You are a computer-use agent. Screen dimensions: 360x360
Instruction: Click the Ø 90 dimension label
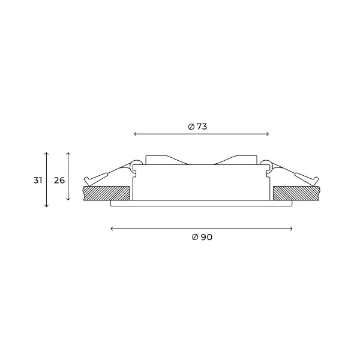[x=202, y=237]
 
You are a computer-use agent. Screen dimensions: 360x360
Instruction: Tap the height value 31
[x=37, y=180]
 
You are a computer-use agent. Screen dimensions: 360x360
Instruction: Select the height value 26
[x=59, y=180]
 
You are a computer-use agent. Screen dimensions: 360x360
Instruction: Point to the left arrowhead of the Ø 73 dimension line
[x=134, y=134]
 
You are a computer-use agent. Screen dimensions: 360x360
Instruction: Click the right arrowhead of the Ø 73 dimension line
[x=268, y=134]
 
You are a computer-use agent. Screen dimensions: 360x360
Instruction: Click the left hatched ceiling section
[x=106, y=193]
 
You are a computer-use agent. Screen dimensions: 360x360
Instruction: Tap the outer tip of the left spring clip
[x=88, y=179]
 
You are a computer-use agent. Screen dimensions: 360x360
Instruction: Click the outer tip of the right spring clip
[x=316, y=179]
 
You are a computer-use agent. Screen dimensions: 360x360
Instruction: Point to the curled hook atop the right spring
[x=266, y=162]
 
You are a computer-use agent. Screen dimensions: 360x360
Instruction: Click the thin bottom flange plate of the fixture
[x=202, y=204]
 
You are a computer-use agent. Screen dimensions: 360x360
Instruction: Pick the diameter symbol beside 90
[x=194, y=237]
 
